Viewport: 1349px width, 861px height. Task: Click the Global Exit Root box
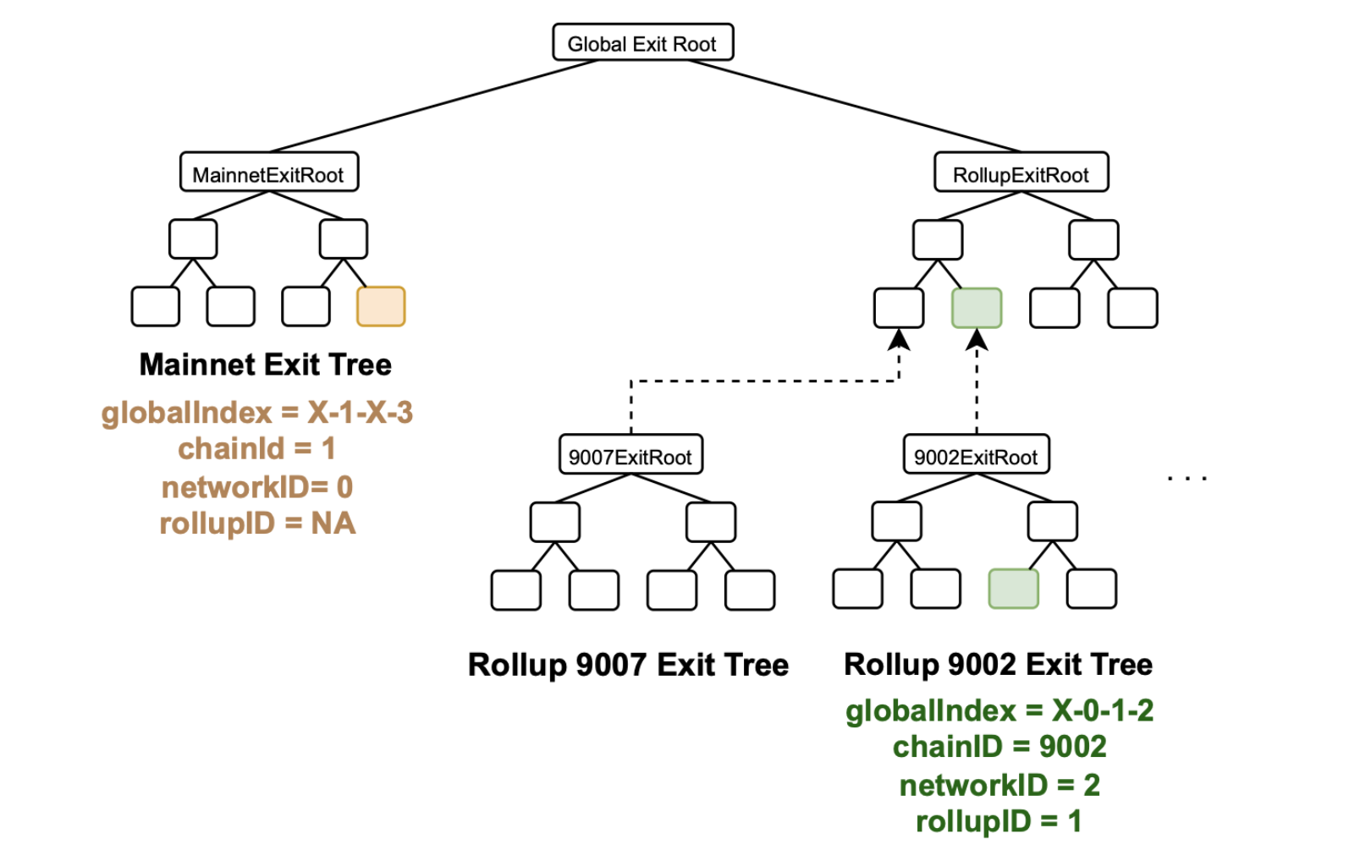pyautogui.click(x=642, y=42)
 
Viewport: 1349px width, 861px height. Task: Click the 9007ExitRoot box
pyautogui.click(x=630, y=456)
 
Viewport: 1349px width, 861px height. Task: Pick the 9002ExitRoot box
pyautogui.click(x=975, y=456)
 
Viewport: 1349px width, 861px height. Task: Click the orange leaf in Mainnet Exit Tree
pyautogui.click(x=380, y=306)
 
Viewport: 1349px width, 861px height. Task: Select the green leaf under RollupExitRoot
pyautogui.click(x=976, y=308)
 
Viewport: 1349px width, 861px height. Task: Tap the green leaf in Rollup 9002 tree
pyautogui.click(x=1013, y=589)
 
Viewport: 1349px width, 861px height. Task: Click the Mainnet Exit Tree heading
pyautogui.click(x=265, y=365)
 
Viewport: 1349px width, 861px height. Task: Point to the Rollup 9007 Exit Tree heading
pyautogui.click(x=628, y=665)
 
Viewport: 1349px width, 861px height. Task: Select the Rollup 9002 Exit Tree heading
pyautogui.click(x=998, y=665)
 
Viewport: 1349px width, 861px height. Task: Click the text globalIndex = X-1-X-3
pyautogui.click(x=257, y=413)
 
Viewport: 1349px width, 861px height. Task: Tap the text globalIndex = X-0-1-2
pyautogui.click(x=999, y=710)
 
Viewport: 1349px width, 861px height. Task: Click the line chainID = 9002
pyautogui.click(x=999, y=747)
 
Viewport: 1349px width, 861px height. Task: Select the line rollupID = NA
pyautogui.click(x=257, y=524)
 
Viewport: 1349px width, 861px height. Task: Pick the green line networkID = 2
pyautogui.click(x=999, y=785)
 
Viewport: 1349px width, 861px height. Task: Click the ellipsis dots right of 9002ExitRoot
pyautogui.click(x=1187, y=479)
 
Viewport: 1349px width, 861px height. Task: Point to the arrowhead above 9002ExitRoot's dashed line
pyautogui.click(x=977, y=340)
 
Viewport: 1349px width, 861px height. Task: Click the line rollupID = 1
pyautogui.click(x=999, y=821)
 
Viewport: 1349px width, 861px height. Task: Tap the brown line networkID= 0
pyautogui.click(x=257, y=487)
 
